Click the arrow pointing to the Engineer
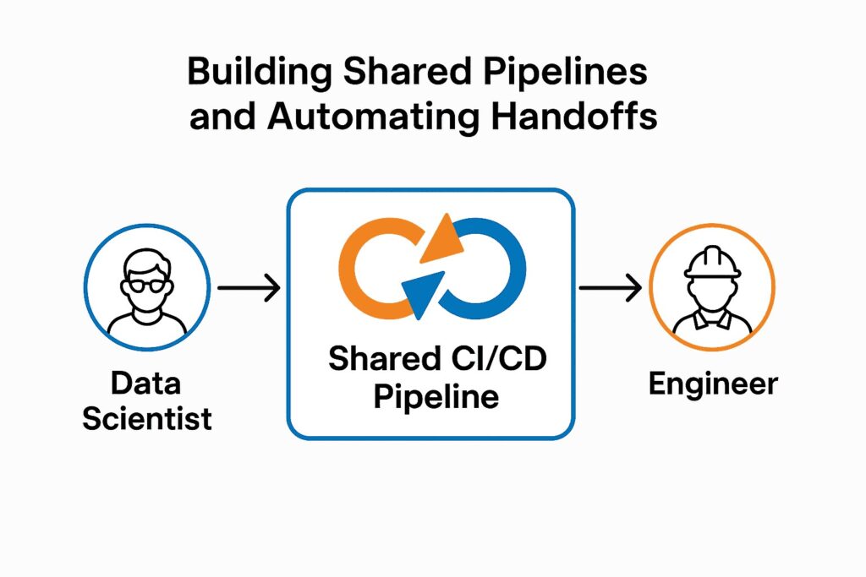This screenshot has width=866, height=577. coord(610,289)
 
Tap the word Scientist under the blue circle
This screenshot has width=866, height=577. coord(147,418)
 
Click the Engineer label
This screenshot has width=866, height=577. coord(712,384)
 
